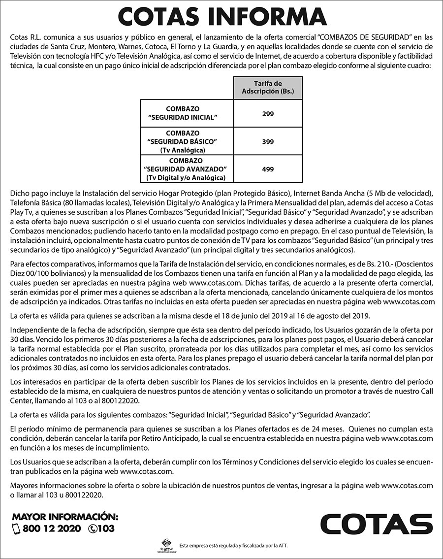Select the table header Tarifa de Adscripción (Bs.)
268,88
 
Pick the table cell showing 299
268,113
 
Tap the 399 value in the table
268,141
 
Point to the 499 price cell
268,169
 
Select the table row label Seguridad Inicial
183,113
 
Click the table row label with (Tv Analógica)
183,150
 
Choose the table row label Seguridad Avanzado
183,169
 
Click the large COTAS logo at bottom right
377,524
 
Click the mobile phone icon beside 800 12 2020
15,529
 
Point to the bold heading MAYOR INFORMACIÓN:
65,517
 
